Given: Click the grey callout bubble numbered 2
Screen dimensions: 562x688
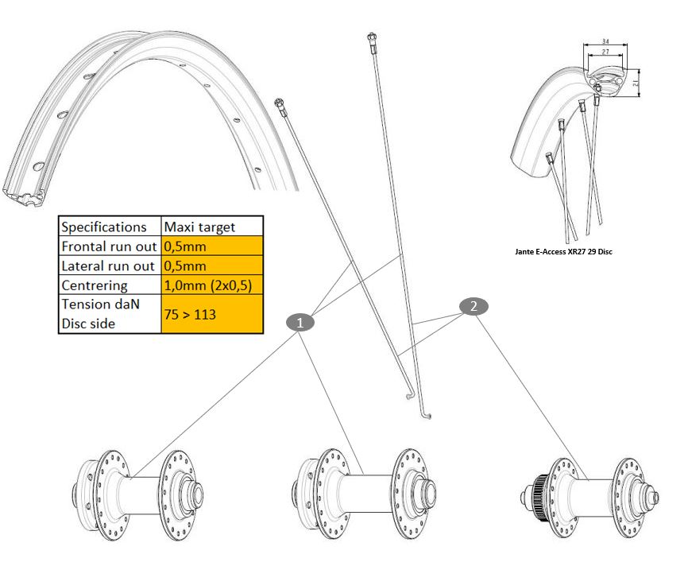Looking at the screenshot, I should point(473,306).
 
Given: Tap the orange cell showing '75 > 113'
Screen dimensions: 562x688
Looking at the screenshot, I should point(211,314).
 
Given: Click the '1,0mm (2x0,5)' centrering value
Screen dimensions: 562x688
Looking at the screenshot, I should point(211,285).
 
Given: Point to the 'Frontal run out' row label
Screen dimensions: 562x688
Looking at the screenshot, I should point(110,246).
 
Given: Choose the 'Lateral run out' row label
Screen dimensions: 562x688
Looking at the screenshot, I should point(110,265).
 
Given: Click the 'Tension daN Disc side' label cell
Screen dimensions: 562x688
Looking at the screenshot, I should point(110,314).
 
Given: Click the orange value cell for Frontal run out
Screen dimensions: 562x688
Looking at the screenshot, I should point(211,246).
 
